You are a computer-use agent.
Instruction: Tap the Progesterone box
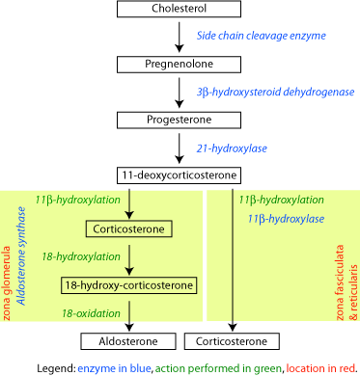[180, 121]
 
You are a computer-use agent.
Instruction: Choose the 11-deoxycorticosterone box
[180, 176]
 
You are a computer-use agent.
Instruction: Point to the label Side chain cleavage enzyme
[248, 34]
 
